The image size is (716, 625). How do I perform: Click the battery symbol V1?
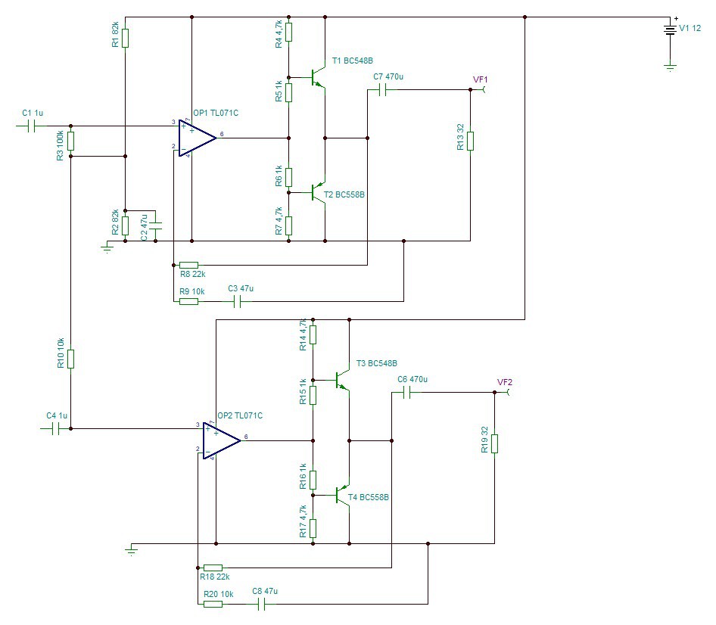[x=670, y=30]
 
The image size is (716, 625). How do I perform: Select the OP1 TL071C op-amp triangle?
[x=196, y=138]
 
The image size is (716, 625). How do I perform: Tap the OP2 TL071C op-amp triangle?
[x=221, y=440]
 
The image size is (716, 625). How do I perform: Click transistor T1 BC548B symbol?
[x=319, y=78]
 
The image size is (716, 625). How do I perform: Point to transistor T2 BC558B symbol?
[x=319, y=193]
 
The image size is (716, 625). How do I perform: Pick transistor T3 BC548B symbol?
[x=343, y=380]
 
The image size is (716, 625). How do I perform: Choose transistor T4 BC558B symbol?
[x=343, y=496]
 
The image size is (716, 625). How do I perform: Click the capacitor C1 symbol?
[x=31, y=126]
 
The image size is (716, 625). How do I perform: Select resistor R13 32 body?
[x=470, y=141]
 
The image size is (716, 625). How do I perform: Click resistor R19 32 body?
[x=494, y=443]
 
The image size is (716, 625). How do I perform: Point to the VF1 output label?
[x=481, y=79]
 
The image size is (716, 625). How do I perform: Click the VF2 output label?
[x=505, y=382]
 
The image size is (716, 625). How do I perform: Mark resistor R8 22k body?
[x=188, y=266]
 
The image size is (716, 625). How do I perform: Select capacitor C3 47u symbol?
[x=237, y=301]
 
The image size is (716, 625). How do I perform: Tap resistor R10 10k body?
[x=71, y=359]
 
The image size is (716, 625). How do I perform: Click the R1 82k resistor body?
[x=125, y=39]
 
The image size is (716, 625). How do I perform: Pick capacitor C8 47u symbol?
[x=261, y=604]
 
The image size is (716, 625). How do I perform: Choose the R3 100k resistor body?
[x=71, y=141]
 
